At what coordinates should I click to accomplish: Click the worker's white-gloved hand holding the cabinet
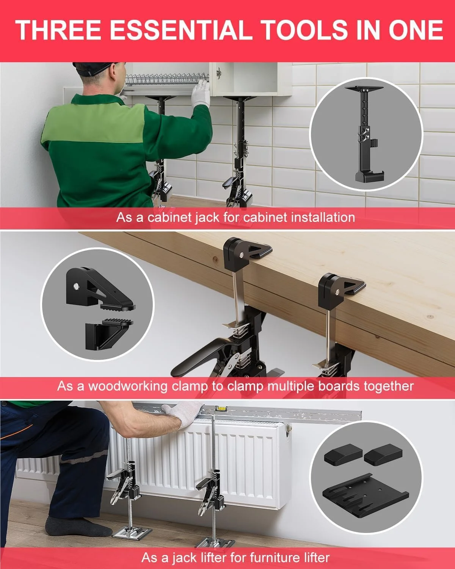click(201, 95)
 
